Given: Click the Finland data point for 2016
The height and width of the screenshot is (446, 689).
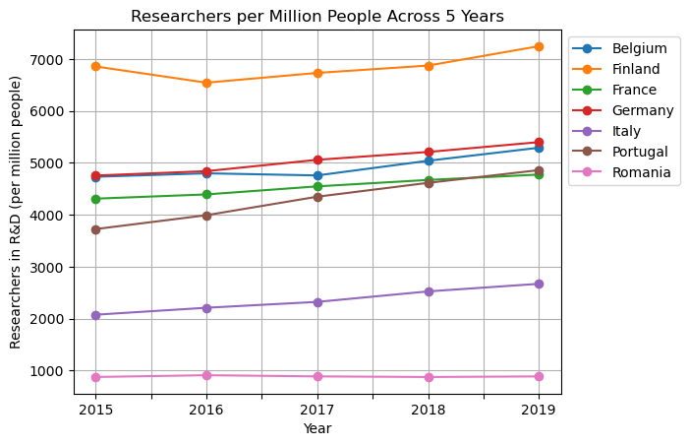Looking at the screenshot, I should (206, 83).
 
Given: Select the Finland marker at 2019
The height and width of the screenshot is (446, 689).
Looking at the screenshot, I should (539, 46).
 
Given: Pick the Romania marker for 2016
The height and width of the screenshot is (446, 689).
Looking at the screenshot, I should (206, 375).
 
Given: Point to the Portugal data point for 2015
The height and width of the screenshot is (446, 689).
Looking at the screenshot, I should (95, 229).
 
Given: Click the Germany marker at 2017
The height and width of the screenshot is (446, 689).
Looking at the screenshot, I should (317, 159).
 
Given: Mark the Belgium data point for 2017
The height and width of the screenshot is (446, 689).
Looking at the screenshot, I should (317, 175).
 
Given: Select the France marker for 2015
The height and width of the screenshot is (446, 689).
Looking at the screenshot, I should (95, 199).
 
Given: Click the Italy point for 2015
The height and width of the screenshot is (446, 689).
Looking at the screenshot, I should (95, 315).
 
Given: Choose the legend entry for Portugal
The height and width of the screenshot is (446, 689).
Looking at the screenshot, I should (639, 152).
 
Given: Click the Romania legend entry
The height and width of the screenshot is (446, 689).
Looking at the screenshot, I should (641, 172).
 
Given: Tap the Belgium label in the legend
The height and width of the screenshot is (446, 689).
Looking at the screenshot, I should (639, 48).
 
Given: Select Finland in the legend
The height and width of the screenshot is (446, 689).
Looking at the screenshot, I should (636, 69).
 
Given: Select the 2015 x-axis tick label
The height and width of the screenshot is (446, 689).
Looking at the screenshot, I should (95, 409).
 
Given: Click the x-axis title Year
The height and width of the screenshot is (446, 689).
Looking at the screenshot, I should (317, 428).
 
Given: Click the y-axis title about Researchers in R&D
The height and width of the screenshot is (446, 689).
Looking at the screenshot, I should (16, 212).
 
